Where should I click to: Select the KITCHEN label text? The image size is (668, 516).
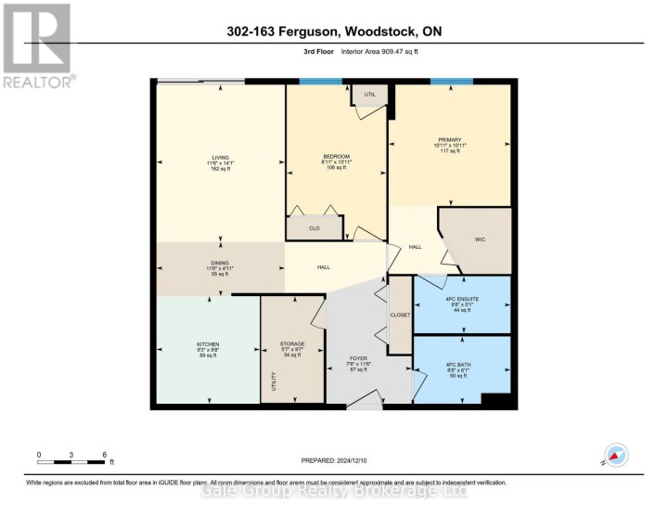coord(208,343)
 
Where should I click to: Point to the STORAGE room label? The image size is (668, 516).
coord(292,343)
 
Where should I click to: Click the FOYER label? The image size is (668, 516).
coord(357,357)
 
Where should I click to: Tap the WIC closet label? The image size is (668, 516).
coord(481,239)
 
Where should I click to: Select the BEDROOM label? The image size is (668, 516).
coord(336,156)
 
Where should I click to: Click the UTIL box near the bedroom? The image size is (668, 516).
coord(368,94)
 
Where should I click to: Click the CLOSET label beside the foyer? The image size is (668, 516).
coord(400,315)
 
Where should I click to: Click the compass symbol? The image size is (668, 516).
coord(615,456)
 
